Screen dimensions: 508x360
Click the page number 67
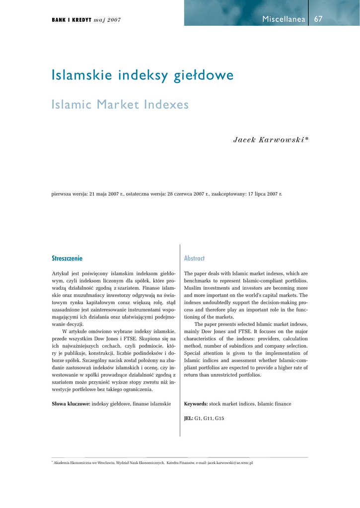pyautogui.click(x=318, y=19)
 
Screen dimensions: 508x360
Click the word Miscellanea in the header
pyautogui.click(x=284, y=19)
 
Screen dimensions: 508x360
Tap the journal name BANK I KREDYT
pyautogui.click(x=72, y=20)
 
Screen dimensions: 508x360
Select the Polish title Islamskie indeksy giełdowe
pyautogui.click(x=143, y=76)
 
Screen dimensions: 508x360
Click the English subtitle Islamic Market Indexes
pyautogui.click(x=121, y=105)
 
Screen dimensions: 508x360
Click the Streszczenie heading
pyautogui.click(x=67, y=258)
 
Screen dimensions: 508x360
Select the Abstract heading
pyautogui.click(x=194, y=258)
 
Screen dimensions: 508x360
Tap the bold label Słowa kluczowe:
pyautogui.click(x=71, y=404)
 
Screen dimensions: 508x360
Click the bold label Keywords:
pyautogui.click(x=196, y=404)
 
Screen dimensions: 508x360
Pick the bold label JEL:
pyautogui.click(x=188, y=418)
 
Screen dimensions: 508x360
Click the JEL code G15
pyautogui.click(x=219, y=418)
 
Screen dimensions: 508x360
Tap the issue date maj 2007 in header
pyautogui.click(x=107, y=20)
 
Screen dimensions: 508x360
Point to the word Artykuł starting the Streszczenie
pyautogui.click(x=61, y=273)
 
